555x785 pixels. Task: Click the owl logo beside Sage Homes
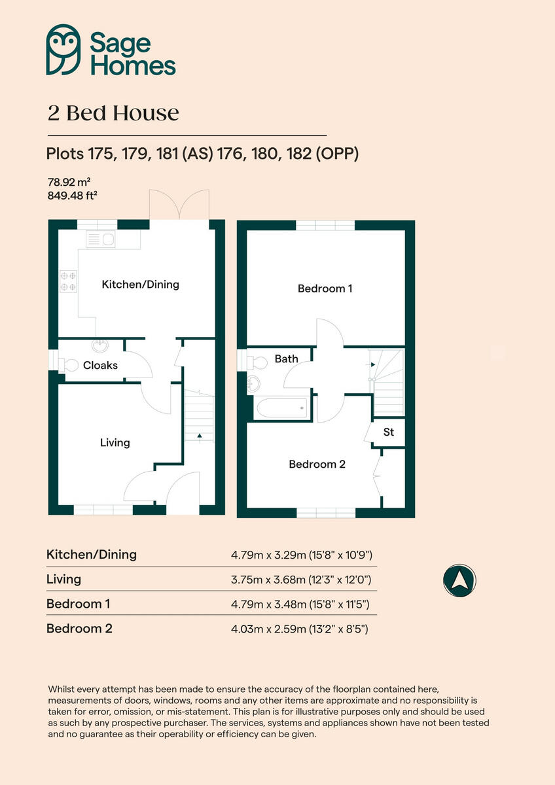pos(63,50)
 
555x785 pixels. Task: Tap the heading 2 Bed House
pos(113,113)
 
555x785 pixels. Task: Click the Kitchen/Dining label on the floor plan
pos(140,285)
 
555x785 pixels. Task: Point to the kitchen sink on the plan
pos(100,239)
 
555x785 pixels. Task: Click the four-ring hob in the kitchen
pos(68,281)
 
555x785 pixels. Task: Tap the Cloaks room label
pos(100,365)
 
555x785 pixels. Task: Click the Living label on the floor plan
pos(115,443)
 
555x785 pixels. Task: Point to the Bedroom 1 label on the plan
pos(325,288)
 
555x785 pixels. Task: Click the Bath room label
pos(286,358)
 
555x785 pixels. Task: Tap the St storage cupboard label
pos(389,432)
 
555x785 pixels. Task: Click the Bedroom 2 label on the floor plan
pos(317,464)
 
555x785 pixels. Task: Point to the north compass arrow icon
pos(459,580)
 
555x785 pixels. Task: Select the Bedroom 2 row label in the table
pos(79,629)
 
